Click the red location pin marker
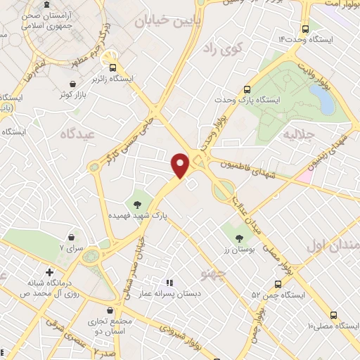click(x=181, y=164)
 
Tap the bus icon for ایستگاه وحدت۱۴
click(x=304, y=30)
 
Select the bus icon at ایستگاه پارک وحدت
click(x=247, y=90)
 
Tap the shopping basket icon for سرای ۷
click(x=73, y=238)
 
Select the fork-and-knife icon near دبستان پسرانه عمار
click(x=169, y=283)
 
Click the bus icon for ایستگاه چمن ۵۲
click(x=279, y=284)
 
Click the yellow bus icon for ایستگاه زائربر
click(x=107, y=60)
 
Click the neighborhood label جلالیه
click(x=297, y=131)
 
